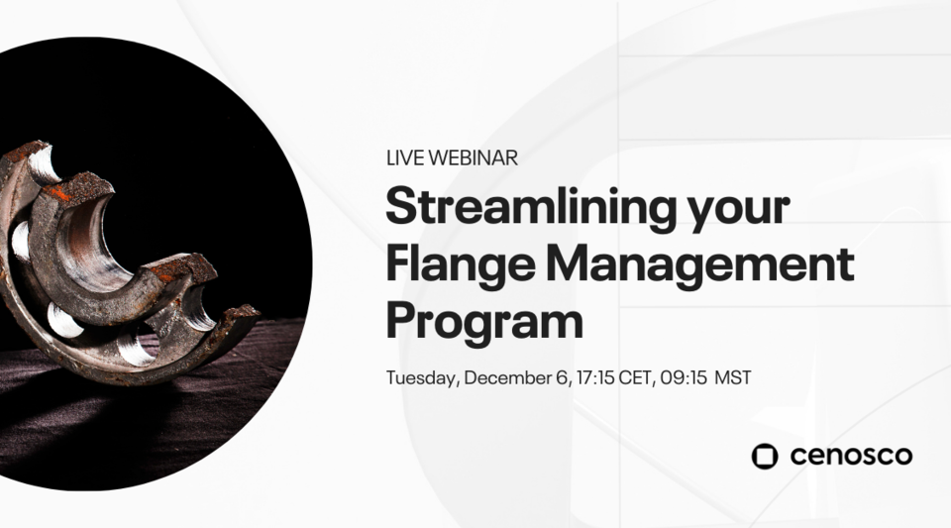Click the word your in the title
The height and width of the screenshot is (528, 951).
tap(742, 211)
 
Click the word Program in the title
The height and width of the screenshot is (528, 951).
tap(484, 321)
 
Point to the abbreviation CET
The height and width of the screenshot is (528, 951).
tap(637, 377)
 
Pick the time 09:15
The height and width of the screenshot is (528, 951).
tap(683, 377)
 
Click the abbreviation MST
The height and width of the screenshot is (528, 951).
tap(733, 377)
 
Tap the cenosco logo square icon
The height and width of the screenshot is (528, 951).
tap(765, 456)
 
